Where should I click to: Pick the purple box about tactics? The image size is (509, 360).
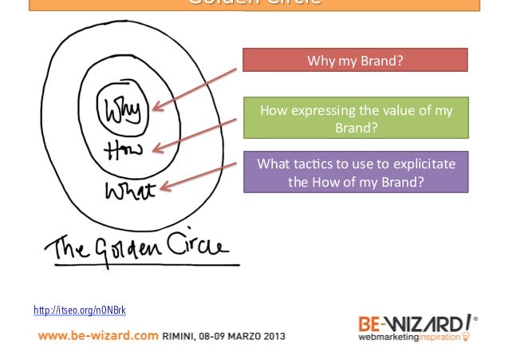(x=354, y=173)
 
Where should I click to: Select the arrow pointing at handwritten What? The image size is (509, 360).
(x=199, y=175)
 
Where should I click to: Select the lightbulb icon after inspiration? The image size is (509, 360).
(x=467, y=337)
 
